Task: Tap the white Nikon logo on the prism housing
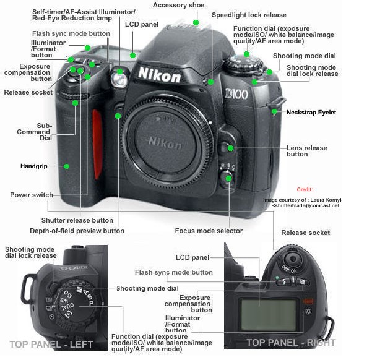coord(159,75)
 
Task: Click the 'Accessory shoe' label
coord(178,5)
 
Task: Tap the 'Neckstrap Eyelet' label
coord(311,112)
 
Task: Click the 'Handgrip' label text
coord(35,166)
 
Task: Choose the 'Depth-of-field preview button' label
coord(77,231)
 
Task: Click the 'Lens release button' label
coord(306,151)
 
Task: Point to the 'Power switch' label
coord(32,195)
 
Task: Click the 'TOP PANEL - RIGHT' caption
coord(291,342)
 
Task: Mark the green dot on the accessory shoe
coord(196,22)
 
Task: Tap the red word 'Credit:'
coord(305,189)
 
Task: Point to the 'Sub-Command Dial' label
coord(43,132)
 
